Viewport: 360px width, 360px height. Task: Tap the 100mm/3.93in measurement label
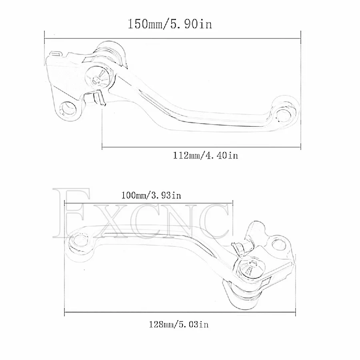point(151,195)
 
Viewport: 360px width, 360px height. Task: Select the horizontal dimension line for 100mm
point(148,204)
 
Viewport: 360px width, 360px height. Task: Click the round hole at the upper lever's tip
point(284,114)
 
